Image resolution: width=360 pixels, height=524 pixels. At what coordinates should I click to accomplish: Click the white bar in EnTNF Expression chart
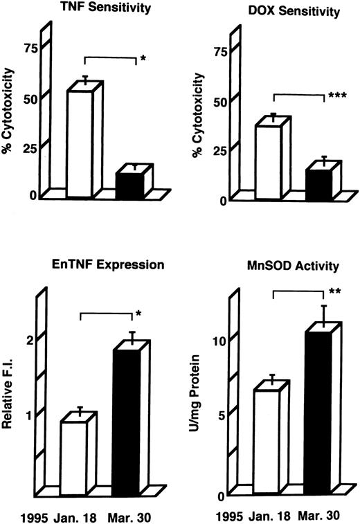(x=74, y=457)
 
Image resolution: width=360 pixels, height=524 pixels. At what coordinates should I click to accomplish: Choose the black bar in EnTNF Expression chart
(x=125, y=422)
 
